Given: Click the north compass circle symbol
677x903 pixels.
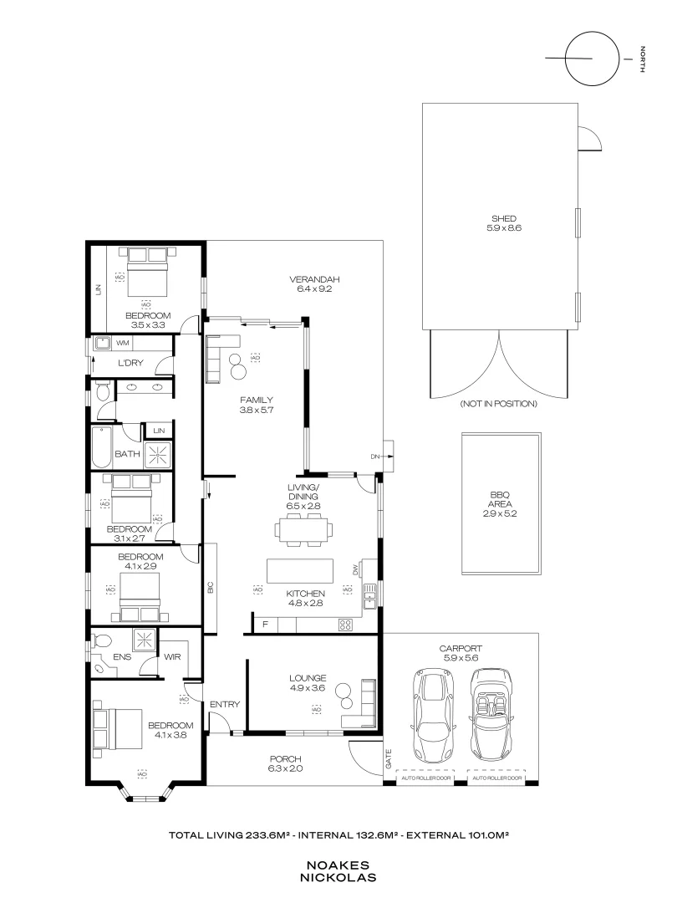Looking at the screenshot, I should (x=591, y=59).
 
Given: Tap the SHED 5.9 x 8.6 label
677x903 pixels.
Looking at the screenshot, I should (x=500, y=223).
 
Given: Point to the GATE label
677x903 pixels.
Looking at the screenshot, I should (x=387, y=760).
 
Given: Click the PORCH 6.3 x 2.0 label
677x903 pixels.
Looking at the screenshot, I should (x=285, y=763).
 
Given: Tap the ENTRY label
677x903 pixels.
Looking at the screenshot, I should (x=225, y=705).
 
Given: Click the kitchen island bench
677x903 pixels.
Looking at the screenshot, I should (x=300, y=570).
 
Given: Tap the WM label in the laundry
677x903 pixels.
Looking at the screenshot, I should (x=121, y=343).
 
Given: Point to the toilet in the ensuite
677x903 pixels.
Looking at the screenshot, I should (x=102, y=641).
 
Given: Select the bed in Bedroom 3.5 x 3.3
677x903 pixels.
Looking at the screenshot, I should (x=147, y=276).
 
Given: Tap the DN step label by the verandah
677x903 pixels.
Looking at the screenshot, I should (x=375, y=456).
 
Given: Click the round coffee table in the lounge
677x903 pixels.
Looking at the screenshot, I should (x=344, y=691).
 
